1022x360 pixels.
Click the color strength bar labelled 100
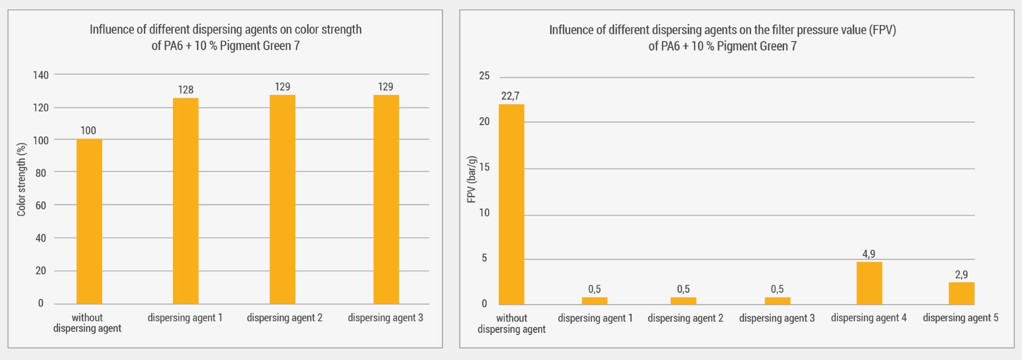pyautogui.click(x=89, y=221)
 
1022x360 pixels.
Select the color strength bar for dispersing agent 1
pyautogui.click(x=185, y=201)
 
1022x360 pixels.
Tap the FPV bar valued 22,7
pyautogui.click(x=511, y=204)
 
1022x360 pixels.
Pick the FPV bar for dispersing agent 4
pyautogui.click(x=869, y=283)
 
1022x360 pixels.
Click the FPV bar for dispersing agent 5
pyautogui.click(x=961, y=293)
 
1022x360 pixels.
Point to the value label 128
pyautogui.click(x=185, y=89)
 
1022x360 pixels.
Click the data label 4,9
pyautogui.click(x=869, y=254)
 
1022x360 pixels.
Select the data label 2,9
pyautogui.click(x=961, y=275)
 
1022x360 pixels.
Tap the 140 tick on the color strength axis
pyautogui.click(x=40, y=75)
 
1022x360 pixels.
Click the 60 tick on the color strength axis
pyautogui.click(x=40, y=206)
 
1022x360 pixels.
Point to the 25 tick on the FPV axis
pyautogui.click(x=484, y=76)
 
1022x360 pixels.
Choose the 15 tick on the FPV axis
pyautogui.click(x=484, y=167)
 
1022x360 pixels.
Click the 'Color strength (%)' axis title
pyautogui.click(x=21, y=179)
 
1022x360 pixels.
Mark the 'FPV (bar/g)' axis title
pyautogui.click(x=471, y=179)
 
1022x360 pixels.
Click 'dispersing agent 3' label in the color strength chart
pyautogui.click(x=385, y=318)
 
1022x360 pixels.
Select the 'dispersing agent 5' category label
pyautogui.click(x=960, y=318)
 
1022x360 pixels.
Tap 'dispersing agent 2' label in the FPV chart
pyautogui.click(x=685, y=318)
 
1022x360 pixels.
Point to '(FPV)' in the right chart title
pyautogui.click(x=882, y=30)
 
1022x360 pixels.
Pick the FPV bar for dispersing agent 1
pyautogui.click(x=594, y=301)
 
